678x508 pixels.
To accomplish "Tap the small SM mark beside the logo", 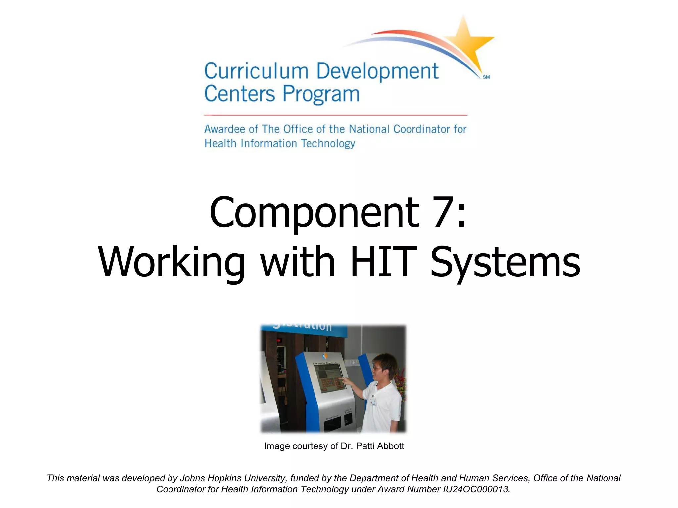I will tap(486, 77).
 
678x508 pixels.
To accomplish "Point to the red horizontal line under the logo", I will tap(335, 115).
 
